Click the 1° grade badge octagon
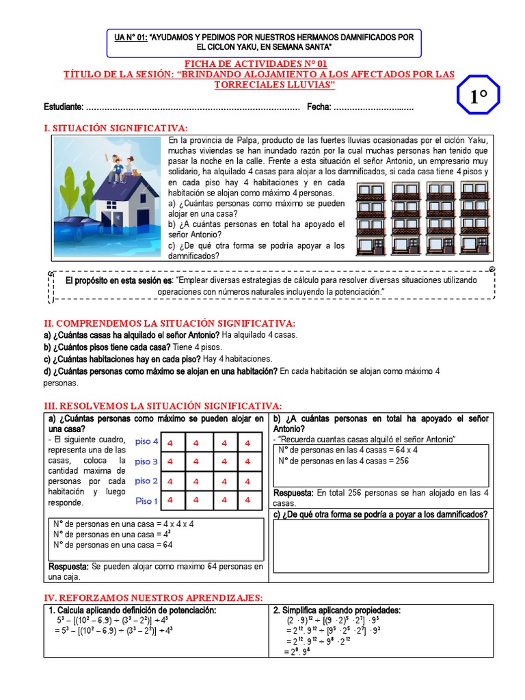coord(478,97)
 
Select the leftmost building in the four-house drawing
coord(371,218)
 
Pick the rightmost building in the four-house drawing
coord(473,218)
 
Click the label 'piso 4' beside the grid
coord(146,442)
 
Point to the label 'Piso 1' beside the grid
coord(146,501)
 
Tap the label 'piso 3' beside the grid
coord(146,461)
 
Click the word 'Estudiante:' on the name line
coord(64,107)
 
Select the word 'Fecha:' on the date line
coord(319,107)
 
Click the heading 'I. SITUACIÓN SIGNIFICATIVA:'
coord(115,128)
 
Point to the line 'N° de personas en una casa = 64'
coord(113,545)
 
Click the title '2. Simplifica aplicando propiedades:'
coord(336,610)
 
